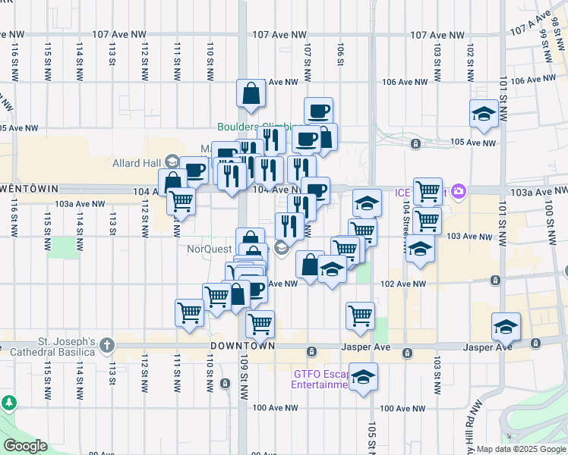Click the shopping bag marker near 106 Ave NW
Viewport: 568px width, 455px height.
coord(251,95)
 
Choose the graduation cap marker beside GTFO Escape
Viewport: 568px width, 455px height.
coord(364,378)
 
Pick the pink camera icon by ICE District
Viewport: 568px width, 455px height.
coord(458,192)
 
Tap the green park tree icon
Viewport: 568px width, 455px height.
coord(9,402)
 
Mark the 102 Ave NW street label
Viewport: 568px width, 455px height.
coord(404,284)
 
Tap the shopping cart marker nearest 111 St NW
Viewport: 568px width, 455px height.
coord(189,312)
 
